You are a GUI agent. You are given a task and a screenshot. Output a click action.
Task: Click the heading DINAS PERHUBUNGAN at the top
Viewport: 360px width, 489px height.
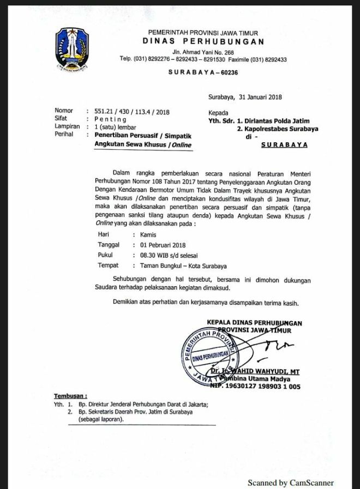tap(204, 41)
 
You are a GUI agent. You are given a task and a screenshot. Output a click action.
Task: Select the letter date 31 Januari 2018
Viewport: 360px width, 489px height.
tap(260, 98)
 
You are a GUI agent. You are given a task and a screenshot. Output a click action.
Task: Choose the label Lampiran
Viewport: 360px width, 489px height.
tap(67, 126)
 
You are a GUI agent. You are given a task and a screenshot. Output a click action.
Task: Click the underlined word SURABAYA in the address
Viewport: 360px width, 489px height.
tap(284, 145)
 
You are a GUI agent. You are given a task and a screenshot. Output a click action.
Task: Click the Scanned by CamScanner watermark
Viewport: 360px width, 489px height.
tap(290, 482)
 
